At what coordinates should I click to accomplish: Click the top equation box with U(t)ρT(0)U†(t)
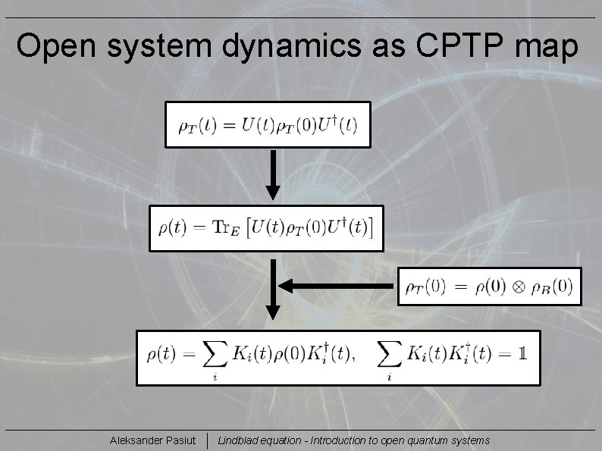tap(268, 125)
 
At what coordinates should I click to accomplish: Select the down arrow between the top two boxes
tap(273, 176)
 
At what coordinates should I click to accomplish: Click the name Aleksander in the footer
tap(134, 440)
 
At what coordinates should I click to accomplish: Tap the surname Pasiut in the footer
tap(178, 440)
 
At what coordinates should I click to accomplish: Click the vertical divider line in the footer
tap(208, 440)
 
